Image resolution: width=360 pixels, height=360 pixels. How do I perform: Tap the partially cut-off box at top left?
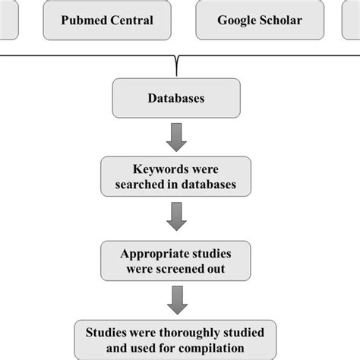point(8,21)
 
